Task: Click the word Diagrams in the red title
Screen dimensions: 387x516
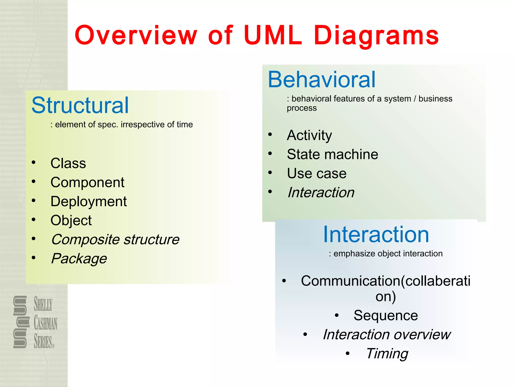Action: coord(376,36)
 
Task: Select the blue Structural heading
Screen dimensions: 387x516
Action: coord(80,105)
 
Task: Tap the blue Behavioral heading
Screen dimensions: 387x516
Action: coord(321,80)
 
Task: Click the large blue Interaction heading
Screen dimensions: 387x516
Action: coord(376,234)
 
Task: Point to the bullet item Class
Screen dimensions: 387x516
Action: coord(68,163)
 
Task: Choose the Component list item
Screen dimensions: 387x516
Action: coord(87,182)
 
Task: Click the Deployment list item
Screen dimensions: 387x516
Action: coord(88,202)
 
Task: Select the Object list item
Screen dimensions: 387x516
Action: coord(71,220)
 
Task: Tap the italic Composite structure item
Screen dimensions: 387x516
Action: coord(115,239)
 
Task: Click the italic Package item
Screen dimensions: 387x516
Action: coord(79,259)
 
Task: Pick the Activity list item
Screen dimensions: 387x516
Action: coord(309,135)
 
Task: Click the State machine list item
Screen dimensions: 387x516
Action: coord(332,154)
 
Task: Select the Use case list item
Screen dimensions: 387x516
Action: coord(317,173)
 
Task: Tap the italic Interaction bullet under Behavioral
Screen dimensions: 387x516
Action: coord(321,192)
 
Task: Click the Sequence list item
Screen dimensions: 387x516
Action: coord(385,315)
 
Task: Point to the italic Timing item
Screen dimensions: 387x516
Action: coord(387,353)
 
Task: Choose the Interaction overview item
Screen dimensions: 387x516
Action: coord(386,335)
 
